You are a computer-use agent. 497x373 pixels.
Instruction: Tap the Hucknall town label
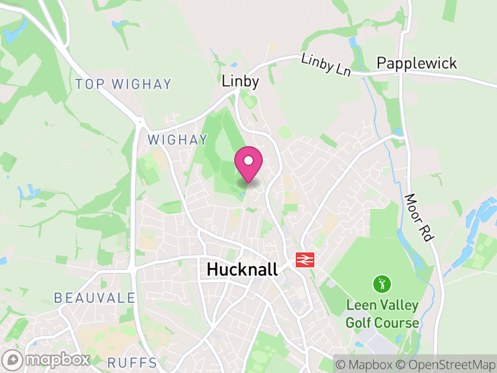242,269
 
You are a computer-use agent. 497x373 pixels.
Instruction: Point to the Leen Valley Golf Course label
382,315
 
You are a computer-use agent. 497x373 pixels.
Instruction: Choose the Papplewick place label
417,63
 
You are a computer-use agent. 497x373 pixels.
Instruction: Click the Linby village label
240,81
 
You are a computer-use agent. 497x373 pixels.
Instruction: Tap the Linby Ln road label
326,65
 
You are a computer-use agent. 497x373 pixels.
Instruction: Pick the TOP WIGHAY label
123,84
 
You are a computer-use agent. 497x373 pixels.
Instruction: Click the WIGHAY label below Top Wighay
168,140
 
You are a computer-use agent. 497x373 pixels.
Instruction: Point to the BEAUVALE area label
94,298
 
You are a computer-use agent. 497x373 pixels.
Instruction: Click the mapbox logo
47,360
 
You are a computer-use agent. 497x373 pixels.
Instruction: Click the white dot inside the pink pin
248,160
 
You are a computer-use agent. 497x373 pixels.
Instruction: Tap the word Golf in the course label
360,323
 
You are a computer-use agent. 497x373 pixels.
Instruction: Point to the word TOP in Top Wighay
88,84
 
